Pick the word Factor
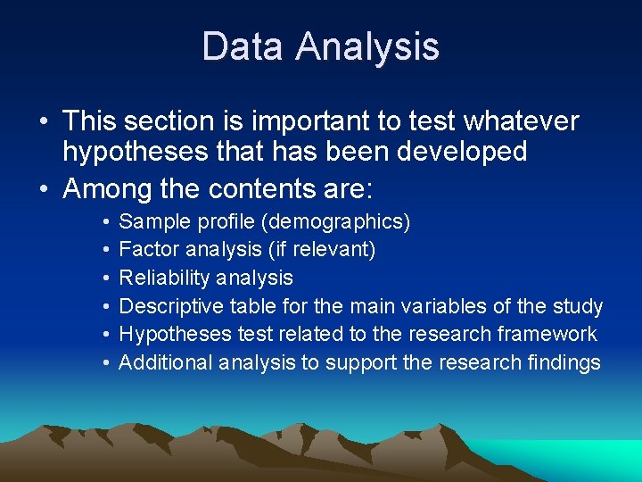[x=148, y=249]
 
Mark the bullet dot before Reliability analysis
[x=105, y=278]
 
